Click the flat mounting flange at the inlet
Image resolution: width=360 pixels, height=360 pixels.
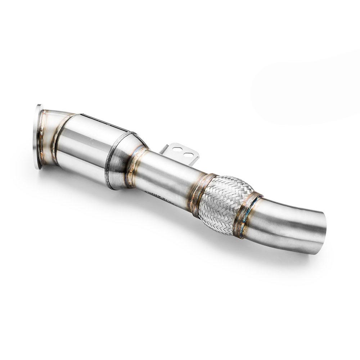(37, 137)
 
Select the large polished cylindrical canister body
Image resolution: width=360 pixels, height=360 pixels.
(86, 148)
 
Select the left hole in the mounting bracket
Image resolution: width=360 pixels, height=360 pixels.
(176, 149)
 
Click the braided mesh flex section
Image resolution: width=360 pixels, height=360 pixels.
(223, 203)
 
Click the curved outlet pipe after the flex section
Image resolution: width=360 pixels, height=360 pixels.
(288, 225)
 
